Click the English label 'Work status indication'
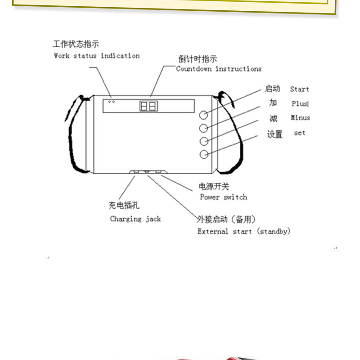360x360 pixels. coord(96,56)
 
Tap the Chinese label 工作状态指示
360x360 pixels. coord(76,44)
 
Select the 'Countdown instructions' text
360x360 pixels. coord(218,69)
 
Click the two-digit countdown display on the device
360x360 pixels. coord(148,106)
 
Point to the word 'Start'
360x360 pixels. coord(299,89)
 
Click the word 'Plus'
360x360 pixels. coord(300,103)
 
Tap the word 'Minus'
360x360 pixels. coord(300,118)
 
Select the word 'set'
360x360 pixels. coord(299,133)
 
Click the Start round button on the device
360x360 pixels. coord(204,114)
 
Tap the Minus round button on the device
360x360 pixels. coord(204,141)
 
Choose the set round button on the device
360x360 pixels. coord(204,154)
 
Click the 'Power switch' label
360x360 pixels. coord(223,197)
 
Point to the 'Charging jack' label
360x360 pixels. coord(135,219)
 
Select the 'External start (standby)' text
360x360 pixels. coord(244,231)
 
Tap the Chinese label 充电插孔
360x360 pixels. coord(124,206)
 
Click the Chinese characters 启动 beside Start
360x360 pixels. coord(272,89)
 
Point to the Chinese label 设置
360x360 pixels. coord(274,134)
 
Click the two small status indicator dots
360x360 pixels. coord(112,101)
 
